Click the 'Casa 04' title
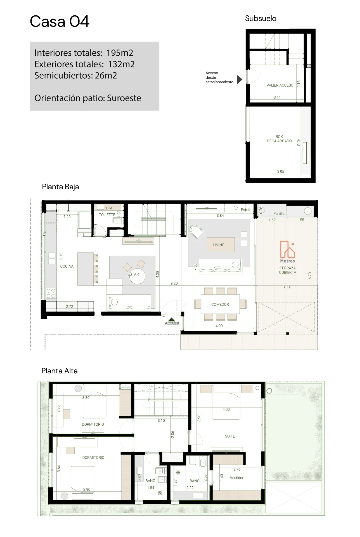tap(60, 22)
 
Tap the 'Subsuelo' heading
tap(260, 18)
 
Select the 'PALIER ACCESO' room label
tap(280, 85)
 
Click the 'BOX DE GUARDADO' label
tap(279, 139)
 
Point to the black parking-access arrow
tap(239, 80)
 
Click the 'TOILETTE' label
tap(107, 215)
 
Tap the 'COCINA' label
tap(67, 266)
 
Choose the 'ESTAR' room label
tap(133, 274)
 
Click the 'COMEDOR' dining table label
tap(220, 304)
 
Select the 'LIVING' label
tap(219, 245)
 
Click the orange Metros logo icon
tap(288, 249)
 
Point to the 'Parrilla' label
tap(279, 213)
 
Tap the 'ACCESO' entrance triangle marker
tap(172, 319)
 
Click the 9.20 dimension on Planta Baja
tap(174, 283)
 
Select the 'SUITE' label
tap(230, 436)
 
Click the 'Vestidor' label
tap(236, 477)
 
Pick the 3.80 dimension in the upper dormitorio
tap(86, 397)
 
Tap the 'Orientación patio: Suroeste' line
tap(88, 98)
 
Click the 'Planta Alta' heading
tap(60, 371)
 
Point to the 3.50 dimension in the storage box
tap(280, 172)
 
